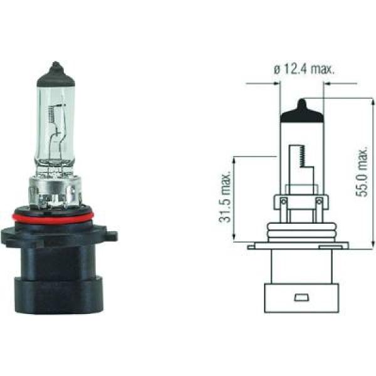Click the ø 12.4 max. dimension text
coord(305,70)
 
